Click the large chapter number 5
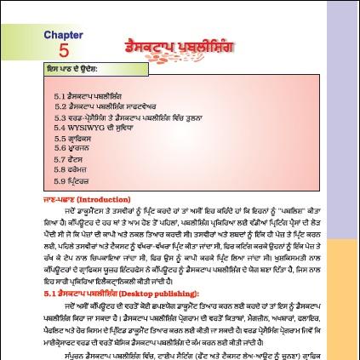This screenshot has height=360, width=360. (x=65, y=50)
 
